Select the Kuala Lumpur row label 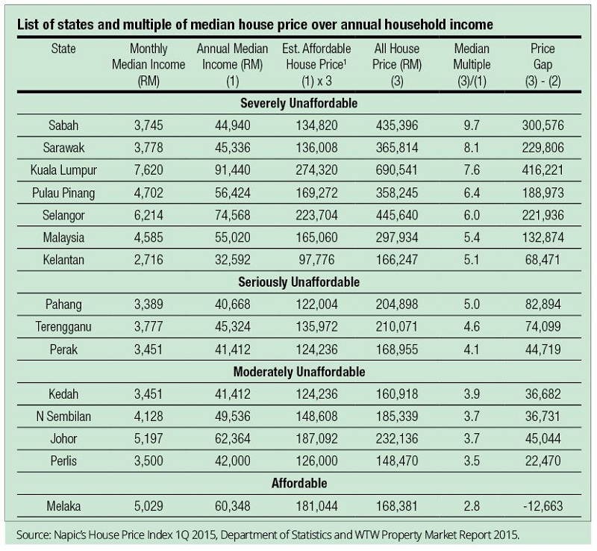coord(63,169)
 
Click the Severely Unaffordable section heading coord(298,102)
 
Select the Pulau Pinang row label coord(63,192)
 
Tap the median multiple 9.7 coord(472,124)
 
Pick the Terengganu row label coord(63,326)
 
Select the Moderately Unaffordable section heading coord(298,371)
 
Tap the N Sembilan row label coord(63,416)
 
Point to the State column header coord(63,49)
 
